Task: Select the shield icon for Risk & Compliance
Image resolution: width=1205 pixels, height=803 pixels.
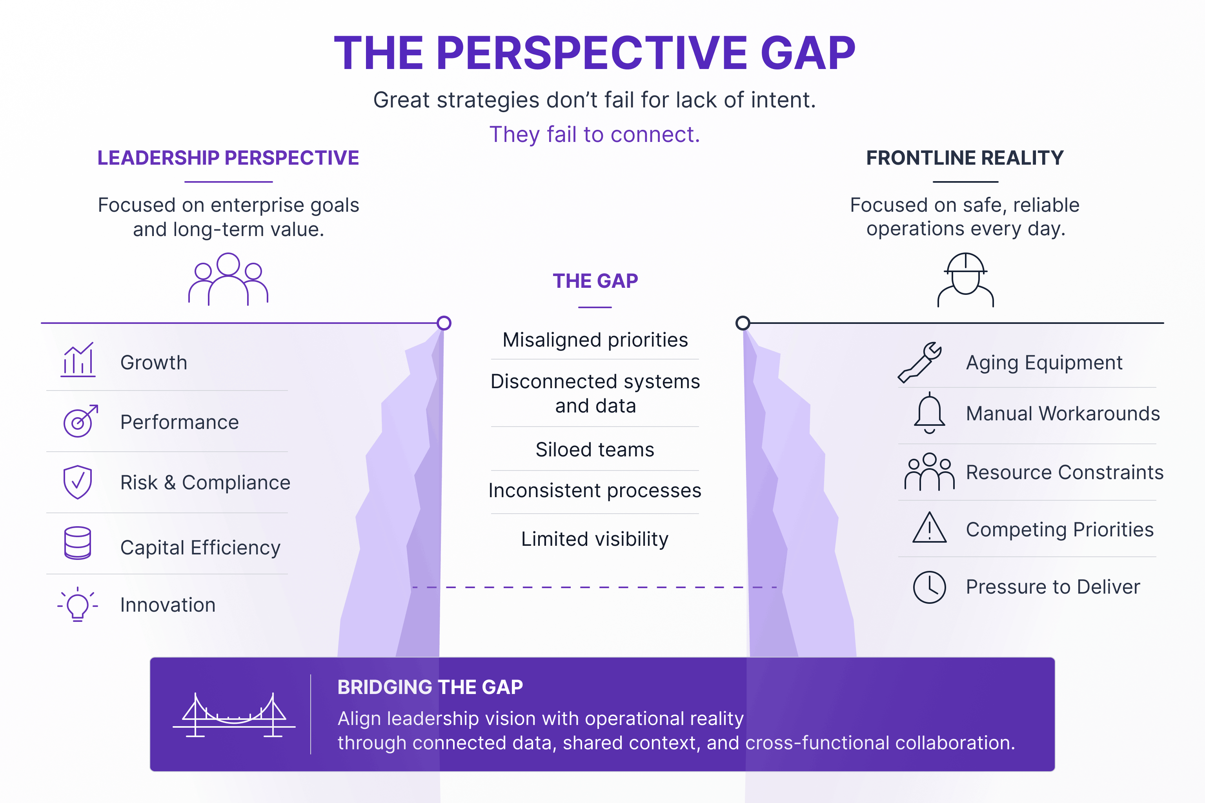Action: click(x=77, y=482)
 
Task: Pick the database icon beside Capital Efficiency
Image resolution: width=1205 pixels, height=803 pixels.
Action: click(x=77, y=543)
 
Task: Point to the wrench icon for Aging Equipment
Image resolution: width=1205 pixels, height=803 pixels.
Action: click(x=919, y=362)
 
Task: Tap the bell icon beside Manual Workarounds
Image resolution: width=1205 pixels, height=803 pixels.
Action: click(x=929, y=413)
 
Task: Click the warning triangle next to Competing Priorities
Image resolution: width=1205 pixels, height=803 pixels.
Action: click(x=929, y=527)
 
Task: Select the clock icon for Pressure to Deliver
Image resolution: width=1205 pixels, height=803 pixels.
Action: click(x=929, y=587)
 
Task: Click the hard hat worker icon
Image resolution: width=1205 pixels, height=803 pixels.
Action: click(x=966, y=280)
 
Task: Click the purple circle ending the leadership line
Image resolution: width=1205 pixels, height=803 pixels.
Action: click(x=444, y=323)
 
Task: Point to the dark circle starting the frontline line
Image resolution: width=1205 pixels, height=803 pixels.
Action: click(x=743, y=323)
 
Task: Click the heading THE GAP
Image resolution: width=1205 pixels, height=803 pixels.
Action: click(x=595, y=281)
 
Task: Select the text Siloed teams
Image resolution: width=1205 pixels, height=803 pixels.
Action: click(x=595, y=450)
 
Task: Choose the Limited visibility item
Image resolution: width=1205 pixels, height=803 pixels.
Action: click(x=595, y=539)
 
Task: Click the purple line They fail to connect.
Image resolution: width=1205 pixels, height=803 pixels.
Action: click(x=595, y=135)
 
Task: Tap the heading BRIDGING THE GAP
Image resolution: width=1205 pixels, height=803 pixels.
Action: click(x=430, y=687)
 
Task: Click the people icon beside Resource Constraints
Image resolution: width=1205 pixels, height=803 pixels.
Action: click(x=929, y=472)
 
